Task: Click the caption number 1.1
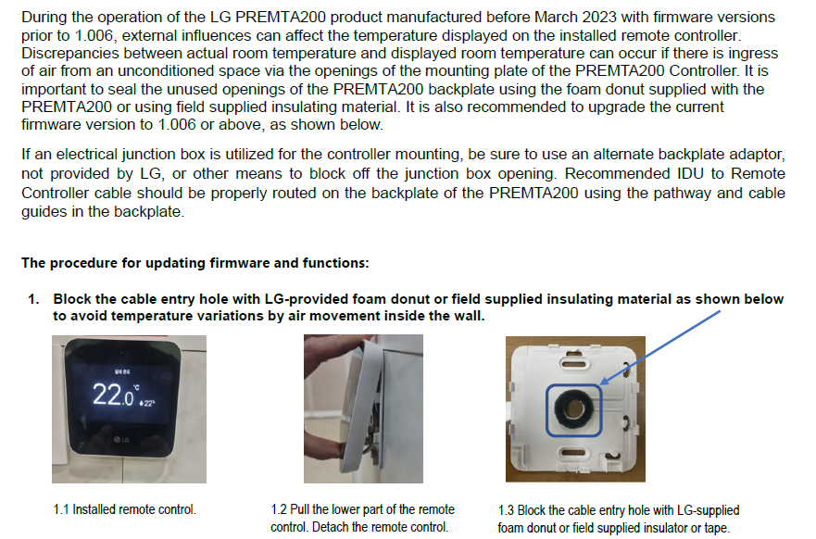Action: point(61,508)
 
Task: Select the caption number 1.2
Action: point(279,509)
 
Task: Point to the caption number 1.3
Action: point(507,510)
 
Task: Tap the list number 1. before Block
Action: point(33,299)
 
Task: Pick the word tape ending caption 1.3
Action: point(716,528)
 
